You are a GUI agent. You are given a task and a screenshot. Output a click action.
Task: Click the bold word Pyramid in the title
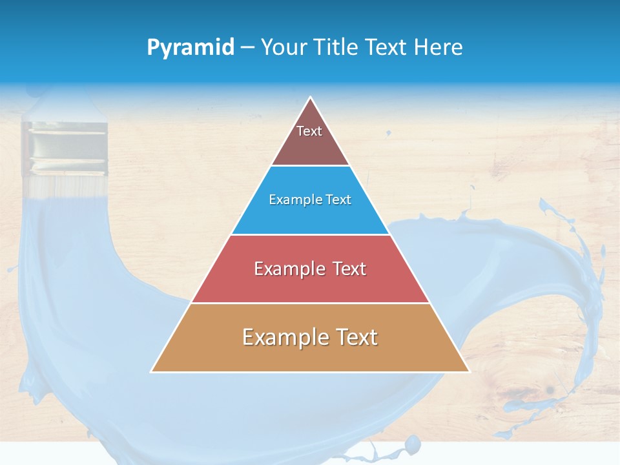191,47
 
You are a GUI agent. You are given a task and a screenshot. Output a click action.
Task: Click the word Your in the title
283,47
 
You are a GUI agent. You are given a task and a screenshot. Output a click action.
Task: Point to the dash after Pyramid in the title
247,48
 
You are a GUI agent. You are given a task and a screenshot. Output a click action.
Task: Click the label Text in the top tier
309,131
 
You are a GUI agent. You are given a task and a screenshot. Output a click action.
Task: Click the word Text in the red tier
349,269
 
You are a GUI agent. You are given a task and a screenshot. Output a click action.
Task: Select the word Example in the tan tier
284,337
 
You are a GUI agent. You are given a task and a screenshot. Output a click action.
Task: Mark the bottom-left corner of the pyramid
152,371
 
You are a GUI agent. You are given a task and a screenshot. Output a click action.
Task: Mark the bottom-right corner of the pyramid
469,371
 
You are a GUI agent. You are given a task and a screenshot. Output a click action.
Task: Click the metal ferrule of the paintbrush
64,149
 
